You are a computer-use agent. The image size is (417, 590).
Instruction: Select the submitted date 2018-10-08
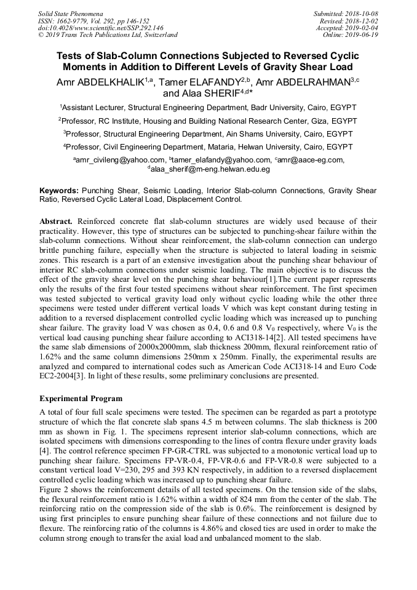coord(360,13)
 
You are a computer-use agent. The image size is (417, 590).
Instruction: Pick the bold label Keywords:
coord(59,191)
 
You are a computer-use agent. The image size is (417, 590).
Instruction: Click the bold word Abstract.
coord(56,220)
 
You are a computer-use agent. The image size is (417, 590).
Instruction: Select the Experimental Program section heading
coord(81,399)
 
